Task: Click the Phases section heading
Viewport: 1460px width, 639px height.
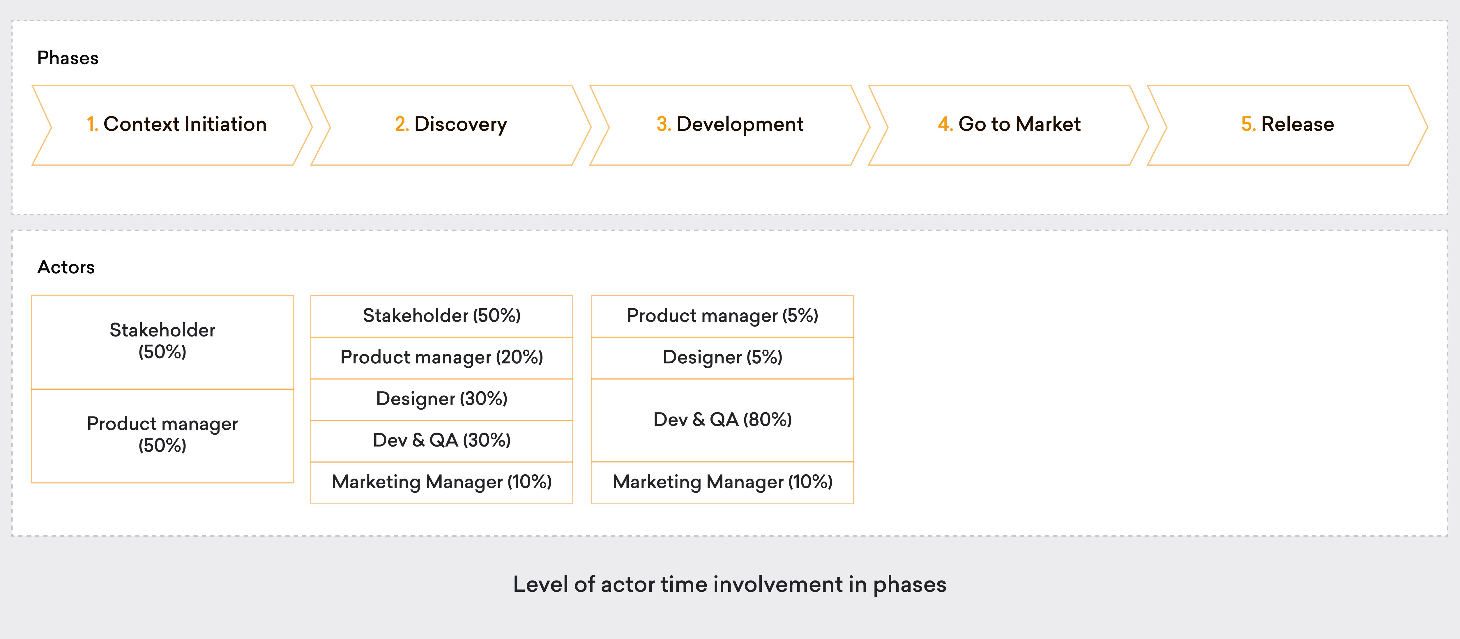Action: [x=68, y=58]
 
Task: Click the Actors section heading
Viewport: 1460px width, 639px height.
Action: [x=66, y=267]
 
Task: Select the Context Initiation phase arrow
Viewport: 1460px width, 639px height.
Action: [x=176, y=125]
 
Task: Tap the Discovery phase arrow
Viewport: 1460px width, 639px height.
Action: [x=450, y=125]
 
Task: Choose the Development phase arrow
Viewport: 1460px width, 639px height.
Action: [x=729, y=125]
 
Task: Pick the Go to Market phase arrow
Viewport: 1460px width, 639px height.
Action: [x=1009, y=125]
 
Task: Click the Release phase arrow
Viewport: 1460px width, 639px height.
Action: [x=1287, y=125]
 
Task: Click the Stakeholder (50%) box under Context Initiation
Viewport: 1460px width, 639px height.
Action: [x=162, y=341]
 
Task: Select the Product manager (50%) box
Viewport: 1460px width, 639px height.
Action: [x=162, y=435]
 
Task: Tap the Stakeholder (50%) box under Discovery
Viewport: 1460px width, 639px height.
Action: [x=441, y=316]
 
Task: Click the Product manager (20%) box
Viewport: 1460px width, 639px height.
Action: [x=441, y=357]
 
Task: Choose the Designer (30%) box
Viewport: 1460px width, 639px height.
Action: [x=441, y=399]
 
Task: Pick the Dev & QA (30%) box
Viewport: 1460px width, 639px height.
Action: [x=441, y=440]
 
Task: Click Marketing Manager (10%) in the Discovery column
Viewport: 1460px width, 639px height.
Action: [x=441, y=482]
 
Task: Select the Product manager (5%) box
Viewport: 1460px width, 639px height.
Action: [x=722, y=316]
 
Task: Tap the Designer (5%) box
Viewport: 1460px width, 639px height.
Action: [x=722, y=357]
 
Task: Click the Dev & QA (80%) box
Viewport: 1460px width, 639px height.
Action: [x=722, y=420]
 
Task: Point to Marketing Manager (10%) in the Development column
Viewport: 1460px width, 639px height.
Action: [x=722, y=482]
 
